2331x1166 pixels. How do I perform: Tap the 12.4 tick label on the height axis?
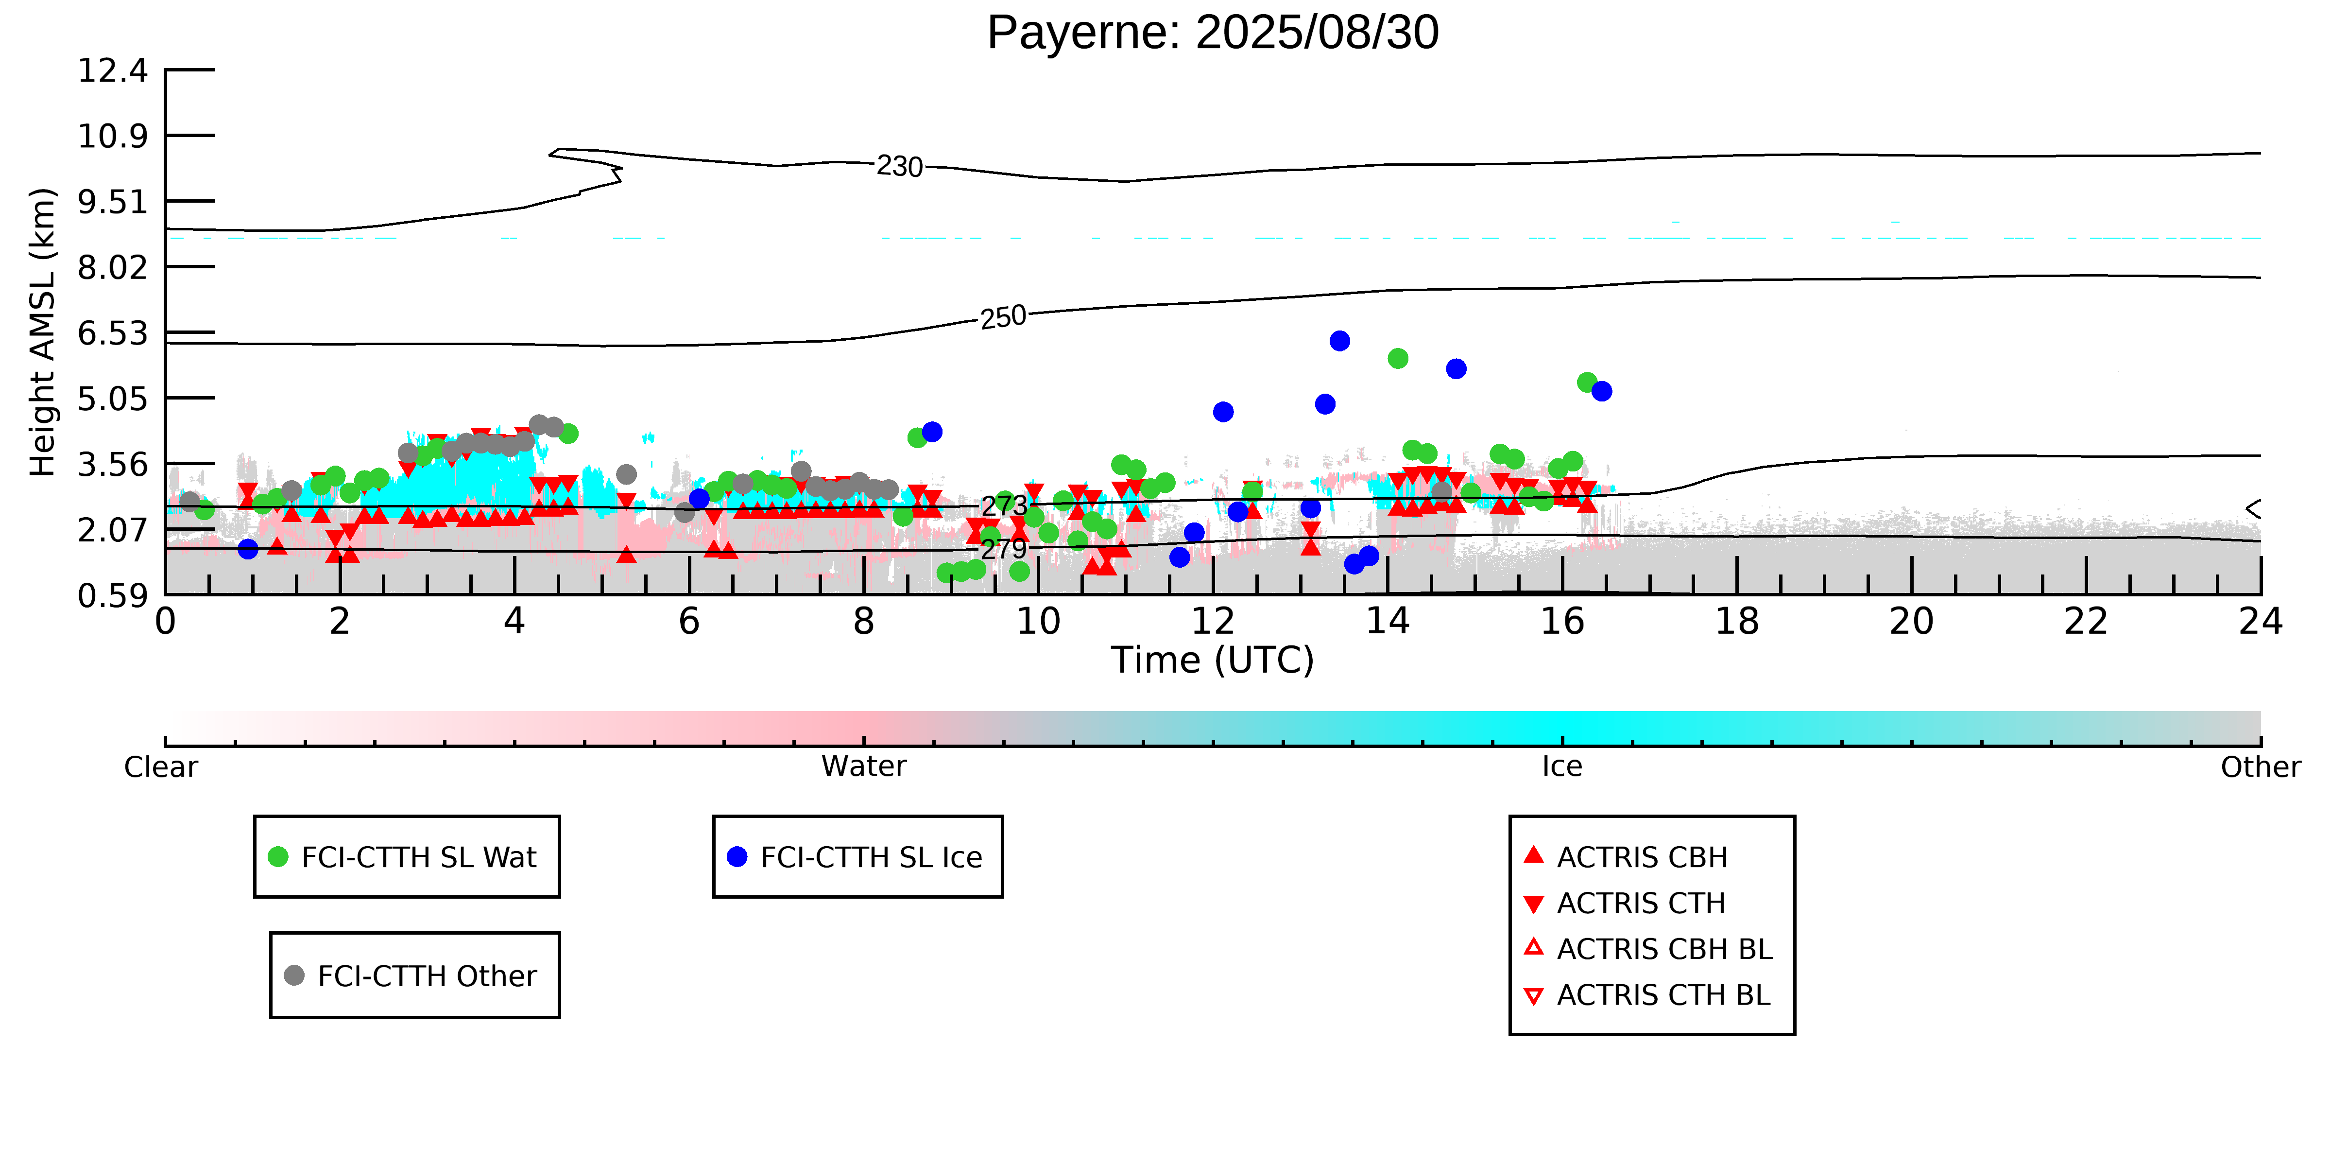[x=112, y=70]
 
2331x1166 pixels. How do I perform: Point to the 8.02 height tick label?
[x=112, y=268]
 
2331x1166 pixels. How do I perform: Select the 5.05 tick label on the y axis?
[x=112, y=399]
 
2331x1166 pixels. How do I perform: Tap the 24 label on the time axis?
[x=2260, y=622]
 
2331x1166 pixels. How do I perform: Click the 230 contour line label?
[x=899, y=167]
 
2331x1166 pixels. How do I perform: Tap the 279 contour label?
[x=1004, y=549]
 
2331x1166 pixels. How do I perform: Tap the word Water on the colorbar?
[x=863, y=767]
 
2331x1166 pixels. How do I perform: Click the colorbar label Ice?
[x=1562, y=767]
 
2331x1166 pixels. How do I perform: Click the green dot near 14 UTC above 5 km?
[x=1397, y=359]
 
